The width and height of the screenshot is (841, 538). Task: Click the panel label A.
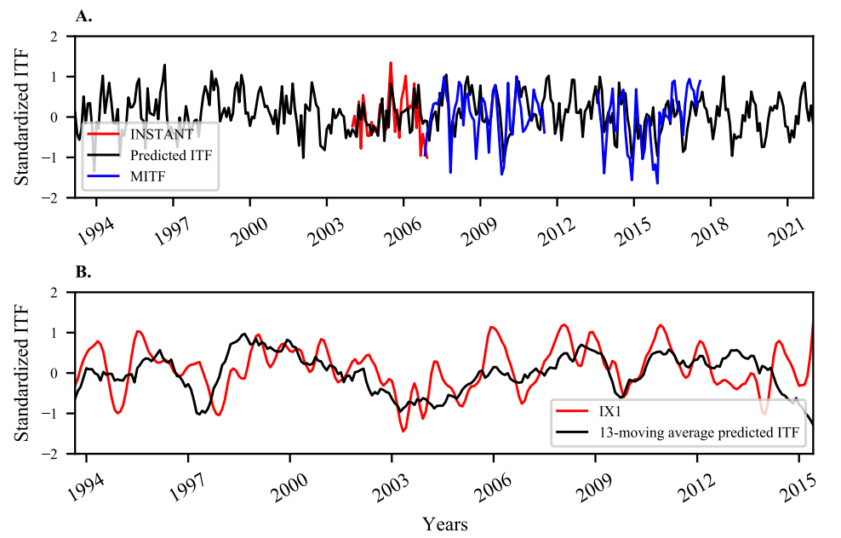(x=82, y=16)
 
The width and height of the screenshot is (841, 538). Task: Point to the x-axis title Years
(x=444, y=523)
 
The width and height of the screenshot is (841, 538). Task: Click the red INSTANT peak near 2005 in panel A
(x=391, y=63)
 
